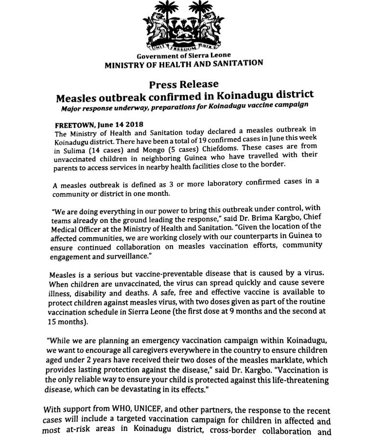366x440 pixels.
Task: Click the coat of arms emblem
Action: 184,27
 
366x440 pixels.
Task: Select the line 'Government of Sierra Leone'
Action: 184,56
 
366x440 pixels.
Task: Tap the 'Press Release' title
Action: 183,84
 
